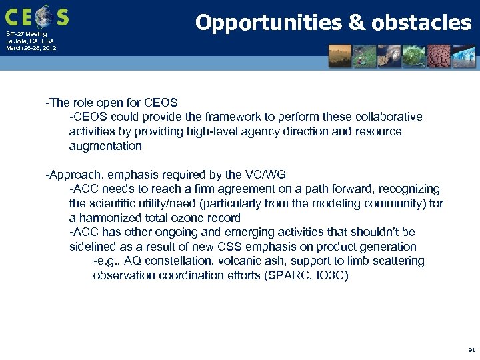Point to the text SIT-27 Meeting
tap(27, 34)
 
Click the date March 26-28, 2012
tap(31, 49)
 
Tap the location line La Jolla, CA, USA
tap(29, 41)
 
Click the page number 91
tap(471, 349)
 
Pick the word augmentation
tap(105, 146)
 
